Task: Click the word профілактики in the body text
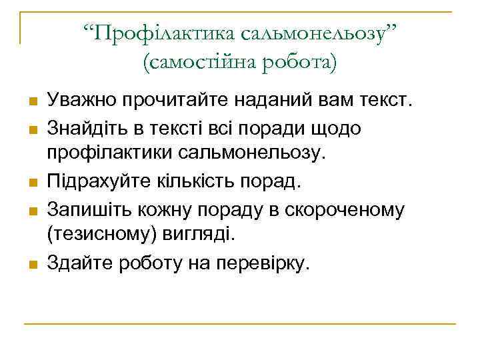pos(109,154)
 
